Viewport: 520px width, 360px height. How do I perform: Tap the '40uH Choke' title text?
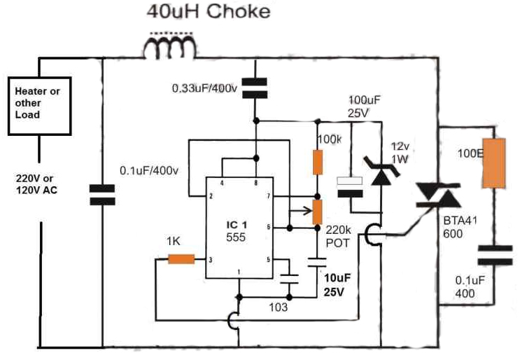point(207,12)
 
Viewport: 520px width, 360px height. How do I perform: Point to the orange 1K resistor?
point(181,260)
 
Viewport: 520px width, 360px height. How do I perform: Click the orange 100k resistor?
point(318,162)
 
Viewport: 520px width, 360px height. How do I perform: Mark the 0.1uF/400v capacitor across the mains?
point(103,194)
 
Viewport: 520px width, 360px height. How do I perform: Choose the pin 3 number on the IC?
point(210,259)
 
